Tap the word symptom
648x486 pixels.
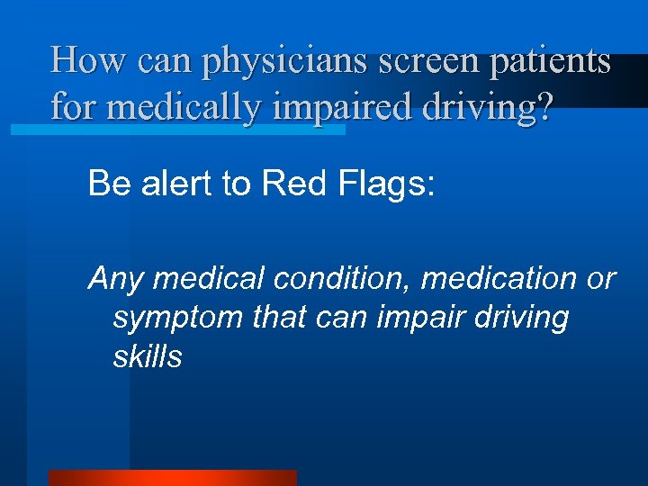point(177,318)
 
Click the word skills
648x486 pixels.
point(148,356)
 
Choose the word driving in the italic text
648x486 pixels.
point(511,318)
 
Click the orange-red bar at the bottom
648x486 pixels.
point(172,477)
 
